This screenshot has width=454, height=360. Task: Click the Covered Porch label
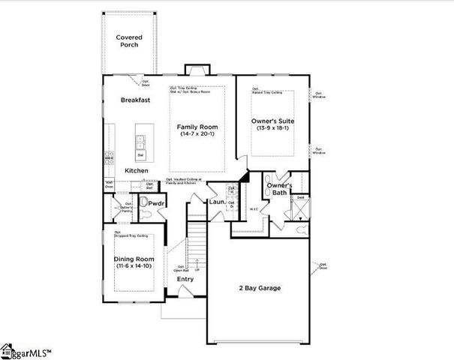pos(129,40)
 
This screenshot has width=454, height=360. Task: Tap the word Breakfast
pos(136,100)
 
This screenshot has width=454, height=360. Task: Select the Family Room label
pos(197,127)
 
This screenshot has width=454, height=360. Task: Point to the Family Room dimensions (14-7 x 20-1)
pos(197,136)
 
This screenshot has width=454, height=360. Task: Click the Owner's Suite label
pos(272,121)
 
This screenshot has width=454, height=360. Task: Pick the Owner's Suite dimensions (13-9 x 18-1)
pos(272,129)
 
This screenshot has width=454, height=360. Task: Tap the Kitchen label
pos(137,171)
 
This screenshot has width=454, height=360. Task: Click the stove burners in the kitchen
pos(108,157)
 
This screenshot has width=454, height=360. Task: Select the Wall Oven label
pos(110,184)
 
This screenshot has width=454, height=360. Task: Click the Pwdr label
pos(156,203)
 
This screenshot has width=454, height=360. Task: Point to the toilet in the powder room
pos(147,214)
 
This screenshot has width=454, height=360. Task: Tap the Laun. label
pos(218,202)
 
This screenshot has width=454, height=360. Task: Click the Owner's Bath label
pos(279,189)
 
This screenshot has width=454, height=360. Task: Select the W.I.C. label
pos(254,209)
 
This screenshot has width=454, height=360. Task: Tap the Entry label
pos(185,279)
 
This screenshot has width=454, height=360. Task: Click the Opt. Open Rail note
pos(181,268)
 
